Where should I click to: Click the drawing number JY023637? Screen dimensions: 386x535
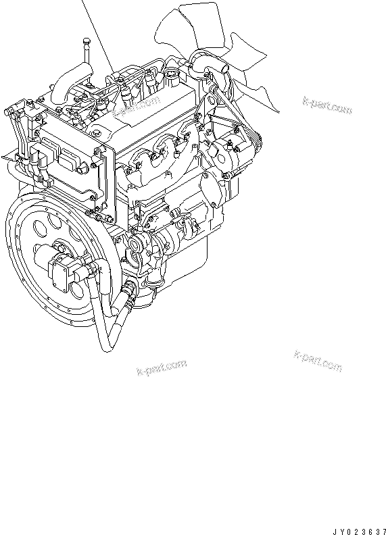359,531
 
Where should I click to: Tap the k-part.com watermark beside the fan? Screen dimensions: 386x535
327,105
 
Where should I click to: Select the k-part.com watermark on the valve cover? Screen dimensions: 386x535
136,105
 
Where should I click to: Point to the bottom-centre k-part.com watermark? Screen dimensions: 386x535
162,367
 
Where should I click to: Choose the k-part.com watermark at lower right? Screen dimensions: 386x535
318,360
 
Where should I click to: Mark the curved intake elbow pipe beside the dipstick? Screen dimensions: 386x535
70,82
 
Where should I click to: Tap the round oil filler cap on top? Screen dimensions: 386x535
170,74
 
